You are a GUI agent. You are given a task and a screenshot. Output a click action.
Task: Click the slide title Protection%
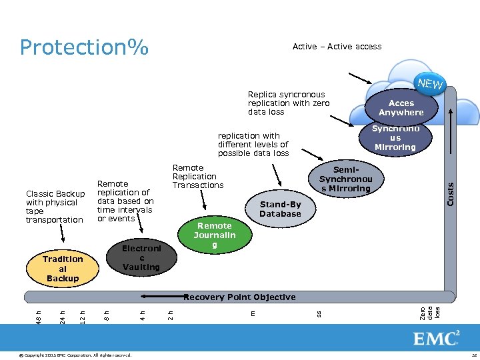[84, 47]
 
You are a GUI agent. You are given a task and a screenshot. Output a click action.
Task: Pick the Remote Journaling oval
[214, 235]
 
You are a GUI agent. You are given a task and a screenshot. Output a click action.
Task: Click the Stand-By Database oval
[280, 209]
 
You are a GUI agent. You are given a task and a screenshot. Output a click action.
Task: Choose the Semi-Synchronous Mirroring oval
[345, 179]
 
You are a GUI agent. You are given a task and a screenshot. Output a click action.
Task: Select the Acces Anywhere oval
[401, 108]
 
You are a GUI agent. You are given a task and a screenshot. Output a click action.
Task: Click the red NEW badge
[430, 85]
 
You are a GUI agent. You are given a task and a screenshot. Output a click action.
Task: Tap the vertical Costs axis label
[450, 194]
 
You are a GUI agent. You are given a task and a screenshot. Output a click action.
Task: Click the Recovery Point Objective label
[239, 297]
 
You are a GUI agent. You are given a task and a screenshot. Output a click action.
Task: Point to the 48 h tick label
[39, 313]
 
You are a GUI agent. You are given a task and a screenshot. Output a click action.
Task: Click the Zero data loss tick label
[430, 313]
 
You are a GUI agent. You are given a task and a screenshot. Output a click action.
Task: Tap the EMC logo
[436, 339]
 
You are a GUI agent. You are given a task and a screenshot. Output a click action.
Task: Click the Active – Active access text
[337, 47]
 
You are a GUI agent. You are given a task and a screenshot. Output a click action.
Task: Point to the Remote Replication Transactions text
[198, 177]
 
